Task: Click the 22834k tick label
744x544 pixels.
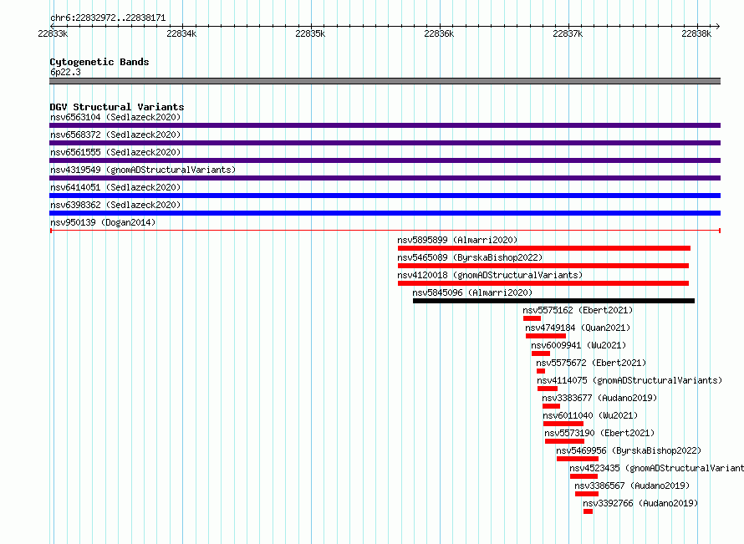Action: [x=181, y=33]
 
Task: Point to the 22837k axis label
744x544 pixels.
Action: [x=568, y=33]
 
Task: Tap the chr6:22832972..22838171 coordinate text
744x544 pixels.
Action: [x=108, y=18]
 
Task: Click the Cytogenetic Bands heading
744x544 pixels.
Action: [x=99, y=62]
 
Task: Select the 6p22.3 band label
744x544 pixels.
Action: [x=65, y=72]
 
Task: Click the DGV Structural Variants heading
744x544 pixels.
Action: [x=117, y=107]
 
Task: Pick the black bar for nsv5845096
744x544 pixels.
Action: [x=553, y=301]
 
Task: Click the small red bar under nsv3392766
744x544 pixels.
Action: [x=588, y=511]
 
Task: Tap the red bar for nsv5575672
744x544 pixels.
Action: [x=541, y=371]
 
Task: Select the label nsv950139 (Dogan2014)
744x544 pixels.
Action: [x=103, y=222]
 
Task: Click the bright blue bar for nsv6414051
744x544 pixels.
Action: [x=385, y=196]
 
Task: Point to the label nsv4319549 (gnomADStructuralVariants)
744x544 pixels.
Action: [x=143, y=170]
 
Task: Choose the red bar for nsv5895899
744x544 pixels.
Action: [x=544, y=248]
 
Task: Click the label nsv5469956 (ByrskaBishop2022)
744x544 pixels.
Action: [x=629, y=450]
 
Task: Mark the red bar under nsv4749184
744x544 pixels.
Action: [x=546, y=336]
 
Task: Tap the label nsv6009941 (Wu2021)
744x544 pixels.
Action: [x=578, y=345]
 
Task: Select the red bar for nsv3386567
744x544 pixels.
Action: [x=587, y=494]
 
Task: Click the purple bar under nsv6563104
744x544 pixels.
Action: [x=385, y=125]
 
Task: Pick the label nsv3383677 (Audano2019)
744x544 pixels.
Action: [x=599, y=398]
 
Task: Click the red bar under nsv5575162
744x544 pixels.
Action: [x=532, y=318]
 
